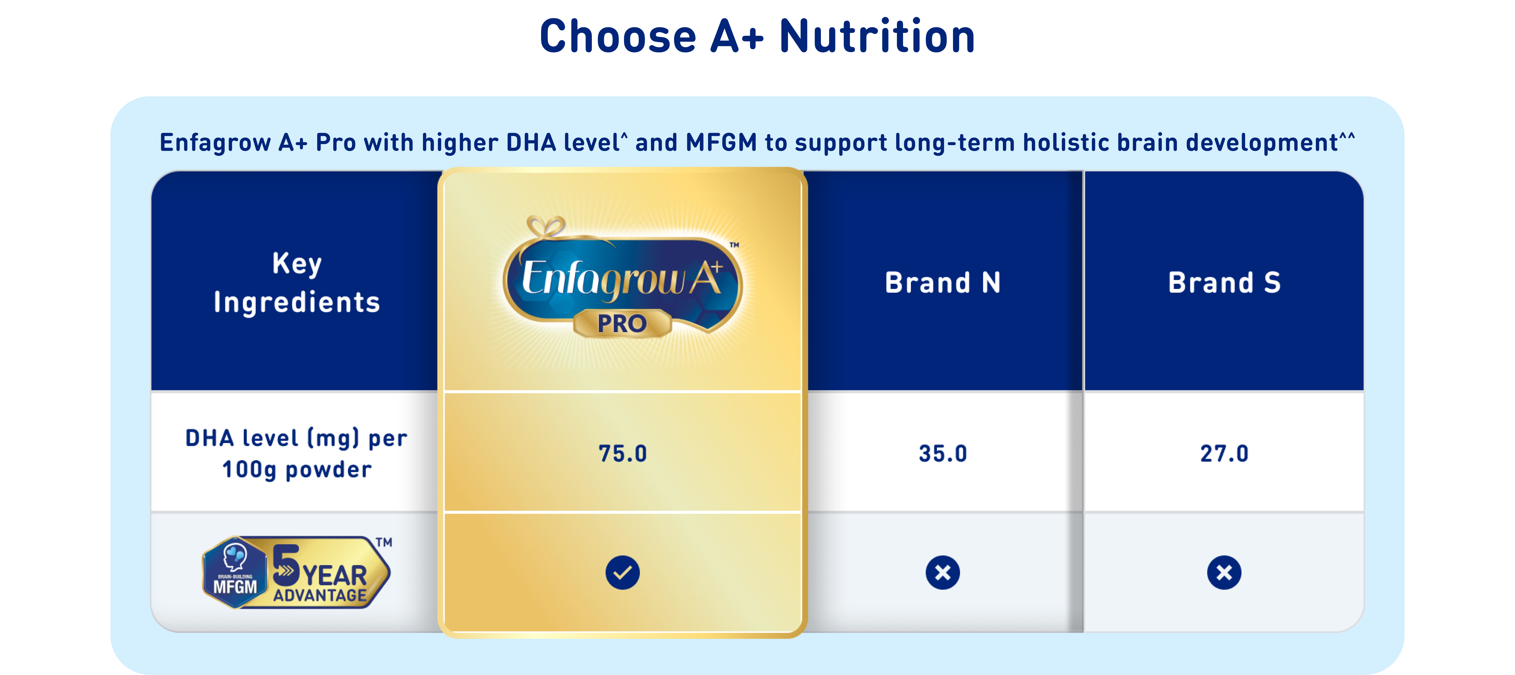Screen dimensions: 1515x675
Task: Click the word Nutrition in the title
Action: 877,37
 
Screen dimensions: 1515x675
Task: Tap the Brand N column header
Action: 943,283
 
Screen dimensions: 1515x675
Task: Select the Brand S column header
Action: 1224,283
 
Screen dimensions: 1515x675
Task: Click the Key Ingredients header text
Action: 297,283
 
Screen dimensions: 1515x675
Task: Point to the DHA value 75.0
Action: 623,453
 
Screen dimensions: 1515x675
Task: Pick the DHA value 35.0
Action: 943,453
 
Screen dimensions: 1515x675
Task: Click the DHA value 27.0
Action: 1224,453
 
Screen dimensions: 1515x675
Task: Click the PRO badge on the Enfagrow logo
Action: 622,323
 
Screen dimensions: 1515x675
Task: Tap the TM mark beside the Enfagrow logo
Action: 735,245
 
